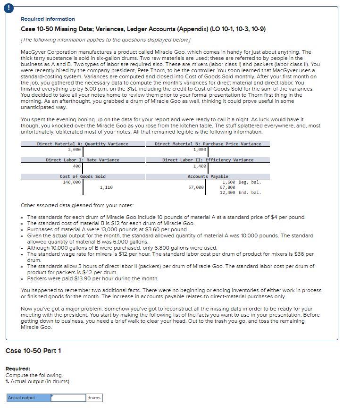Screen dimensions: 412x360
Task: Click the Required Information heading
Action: pyautogui.click(x=48, y=19)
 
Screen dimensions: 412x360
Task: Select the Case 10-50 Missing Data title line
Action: pyautogui.click(x=143, y=29)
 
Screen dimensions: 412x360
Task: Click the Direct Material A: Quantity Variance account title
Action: pyautogui.click(x=83, y=143)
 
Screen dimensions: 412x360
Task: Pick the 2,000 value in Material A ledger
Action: pyautogui.click(x=74, y=149)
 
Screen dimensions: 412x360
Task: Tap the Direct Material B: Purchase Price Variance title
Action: pyautogui.click(x=208, y=143)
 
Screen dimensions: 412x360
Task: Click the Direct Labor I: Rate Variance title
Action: pyautogui.click(x=83, y=160)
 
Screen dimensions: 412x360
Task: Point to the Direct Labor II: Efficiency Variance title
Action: pyautogui.click(x=208, y=160)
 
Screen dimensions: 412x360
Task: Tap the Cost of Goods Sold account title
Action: pyautogui.click(x=83, y=177)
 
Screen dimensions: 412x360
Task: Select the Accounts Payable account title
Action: pyautogui.click(x=208, y=177)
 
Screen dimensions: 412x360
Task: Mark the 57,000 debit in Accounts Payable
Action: pyautogui.click(x=196, y=187)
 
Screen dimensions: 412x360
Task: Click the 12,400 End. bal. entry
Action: pyautogui.click(x=240, y=193)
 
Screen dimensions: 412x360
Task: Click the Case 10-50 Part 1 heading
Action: pyautogui.click(x=33, y=351)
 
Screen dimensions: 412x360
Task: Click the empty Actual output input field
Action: pyautogui.click(x=68, y=398)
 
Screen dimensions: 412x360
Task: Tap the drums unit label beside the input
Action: pyautogui.click(x=94, y=398)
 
